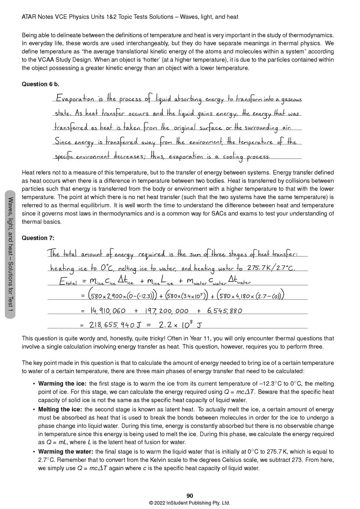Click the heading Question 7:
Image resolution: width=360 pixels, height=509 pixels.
coord(38,238)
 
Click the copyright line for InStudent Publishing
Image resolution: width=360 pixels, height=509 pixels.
coord(190,503)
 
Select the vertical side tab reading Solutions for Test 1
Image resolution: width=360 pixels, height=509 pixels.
coord(9,252)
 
